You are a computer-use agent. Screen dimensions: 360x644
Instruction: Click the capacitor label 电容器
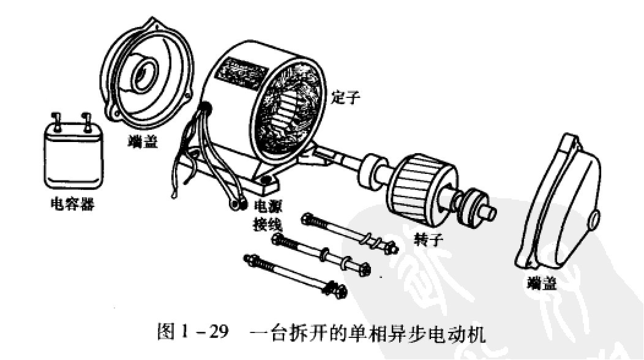tap(72, 203)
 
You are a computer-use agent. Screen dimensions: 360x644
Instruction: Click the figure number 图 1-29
tap(190, 333)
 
